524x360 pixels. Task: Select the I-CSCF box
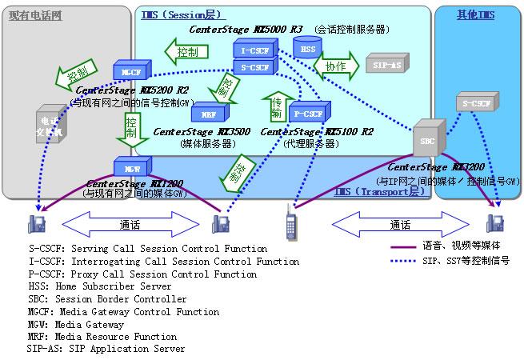tap(255, 50)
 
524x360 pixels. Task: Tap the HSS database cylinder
tap(304, 49)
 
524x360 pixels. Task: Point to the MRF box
tap(209, 114)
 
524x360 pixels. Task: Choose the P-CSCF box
tap(306, 114)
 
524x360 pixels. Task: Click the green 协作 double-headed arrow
tap(335, 66)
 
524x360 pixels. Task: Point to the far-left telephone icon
tap(36, 223)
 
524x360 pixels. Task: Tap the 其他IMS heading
tap(475, 15)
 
